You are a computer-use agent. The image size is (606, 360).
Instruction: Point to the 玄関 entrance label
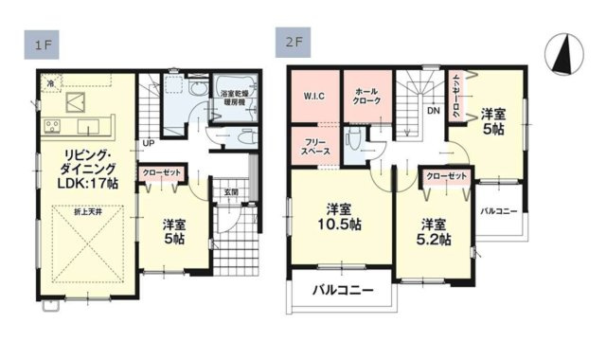[x=231, y=192]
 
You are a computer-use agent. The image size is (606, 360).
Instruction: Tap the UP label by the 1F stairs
[x=149, y=143]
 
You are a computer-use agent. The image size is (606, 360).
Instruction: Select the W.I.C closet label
[x=315, y=96]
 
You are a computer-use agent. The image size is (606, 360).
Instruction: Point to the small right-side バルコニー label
[x=497, y=209]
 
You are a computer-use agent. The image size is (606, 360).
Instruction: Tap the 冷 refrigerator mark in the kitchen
[x=51, y=83]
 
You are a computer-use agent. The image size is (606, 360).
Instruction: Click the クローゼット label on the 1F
[x=162, y=174]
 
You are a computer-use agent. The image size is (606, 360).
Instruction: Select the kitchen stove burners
[x=52, y=127]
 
